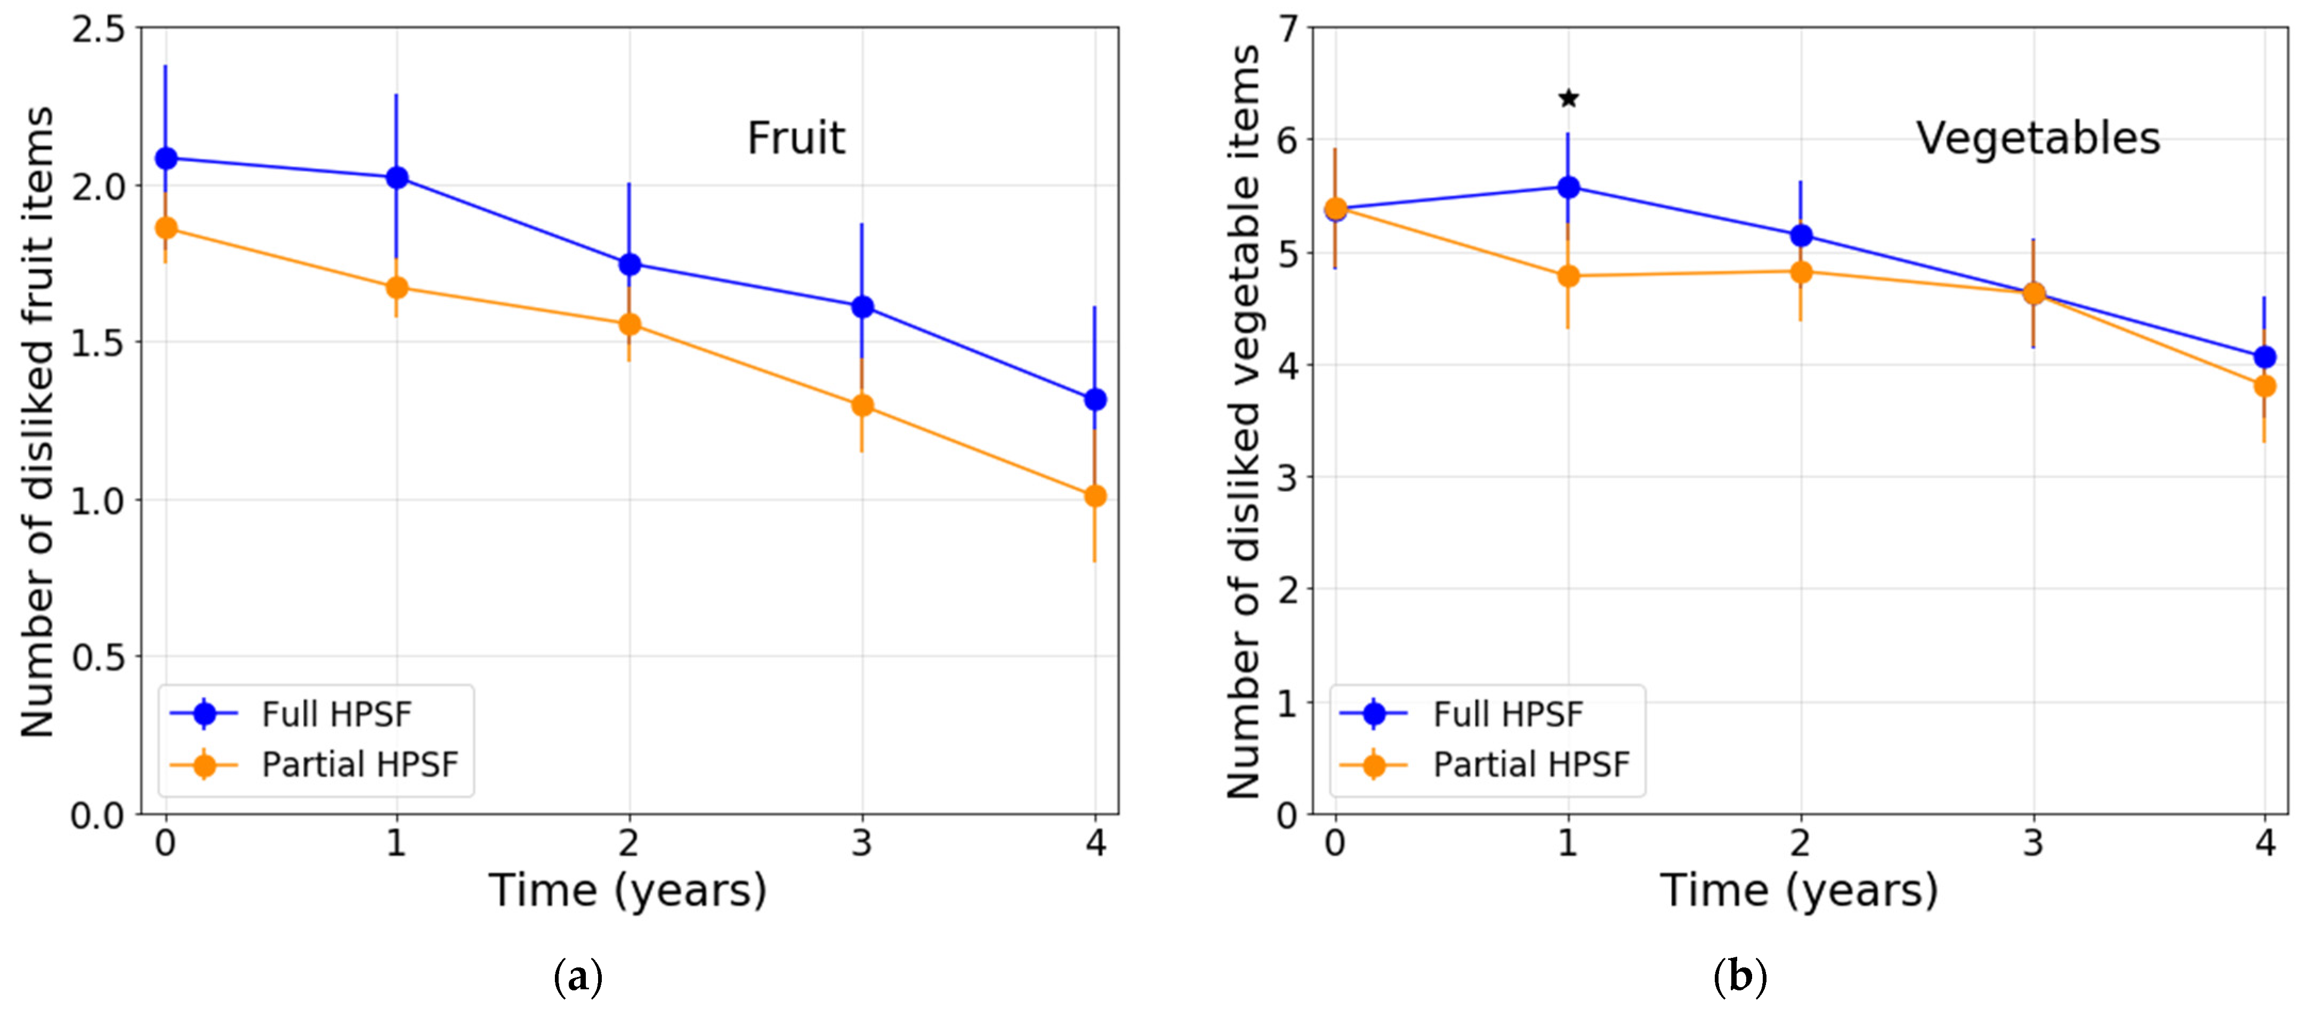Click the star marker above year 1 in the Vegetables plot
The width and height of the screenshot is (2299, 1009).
(1568, 98)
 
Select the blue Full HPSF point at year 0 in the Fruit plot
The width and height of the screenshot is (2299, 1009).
(166, 158)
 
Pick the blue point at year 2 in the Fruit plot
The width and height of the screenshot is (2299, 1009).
(629, 264)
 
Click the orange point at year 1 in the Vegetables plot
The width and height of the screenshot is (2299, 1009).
(1568, 276)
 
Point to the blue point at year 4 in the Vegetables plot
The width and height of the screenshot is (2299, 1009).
(2264, 357)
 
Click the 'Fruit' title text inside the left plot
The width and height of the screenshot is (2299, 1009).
(795, 138)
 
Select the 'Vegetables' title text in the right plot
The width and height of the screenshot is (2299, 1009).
(2037, 138)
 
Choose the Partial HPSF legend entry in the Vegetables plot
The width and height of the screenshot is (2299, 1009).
(1530, 764)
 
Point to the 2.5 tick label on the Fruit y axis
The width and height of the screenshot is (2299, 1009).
(98, 29)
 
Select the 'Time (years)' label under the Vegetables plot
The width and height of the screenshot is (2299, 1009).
(1798, 890)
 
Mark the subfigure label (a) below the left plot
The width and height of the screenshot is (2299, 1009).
(578, 977)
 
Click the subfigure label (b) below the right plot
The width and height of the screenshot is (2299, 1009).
(1739, 977)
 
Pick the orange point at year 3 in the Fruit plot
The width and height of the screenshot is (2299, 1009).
(862, 405)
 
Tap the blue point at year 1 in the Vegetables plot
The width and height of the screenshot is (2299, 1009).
(1568, 187)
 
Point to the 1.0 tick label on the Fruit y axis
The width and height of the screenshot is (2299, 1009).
(98, 501)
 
